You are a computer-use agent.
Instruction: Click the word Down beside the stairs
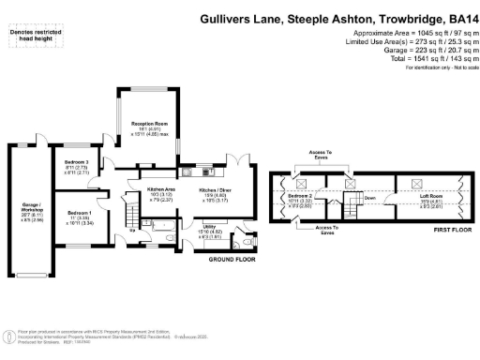pos(372,198)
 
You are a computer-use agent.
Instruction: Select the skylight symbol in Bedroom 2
pos(302,183)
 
